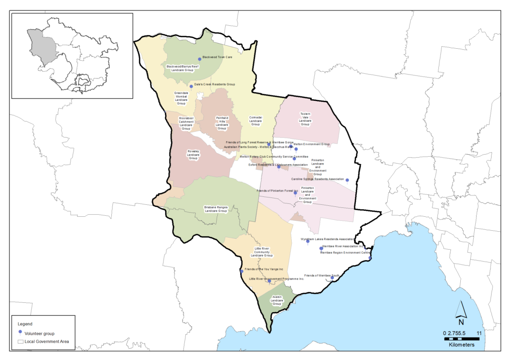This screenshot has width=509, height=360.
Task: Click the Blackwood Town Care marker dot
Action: [200, 58]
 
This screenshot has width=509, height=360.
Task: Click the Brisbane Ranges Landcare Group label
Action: [215, 209]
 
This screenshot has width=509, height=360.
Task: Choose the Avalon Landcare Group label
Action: [277, 300]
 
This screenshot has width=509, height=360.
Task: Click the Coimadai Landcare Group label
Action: [255, 121]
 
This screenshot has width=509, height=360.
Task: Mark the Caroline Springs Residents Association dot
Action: [347, 180]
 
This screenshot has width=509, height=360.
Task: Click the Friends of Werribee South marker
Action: [333, 277]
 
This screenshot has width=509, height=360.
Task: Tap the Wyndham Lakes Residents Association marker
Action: [308, 241]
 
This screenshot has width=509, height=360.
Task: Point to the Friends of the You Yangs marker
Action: [242, 271]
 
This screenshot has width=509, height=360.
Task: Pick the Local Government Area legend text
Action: [47, 341]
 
